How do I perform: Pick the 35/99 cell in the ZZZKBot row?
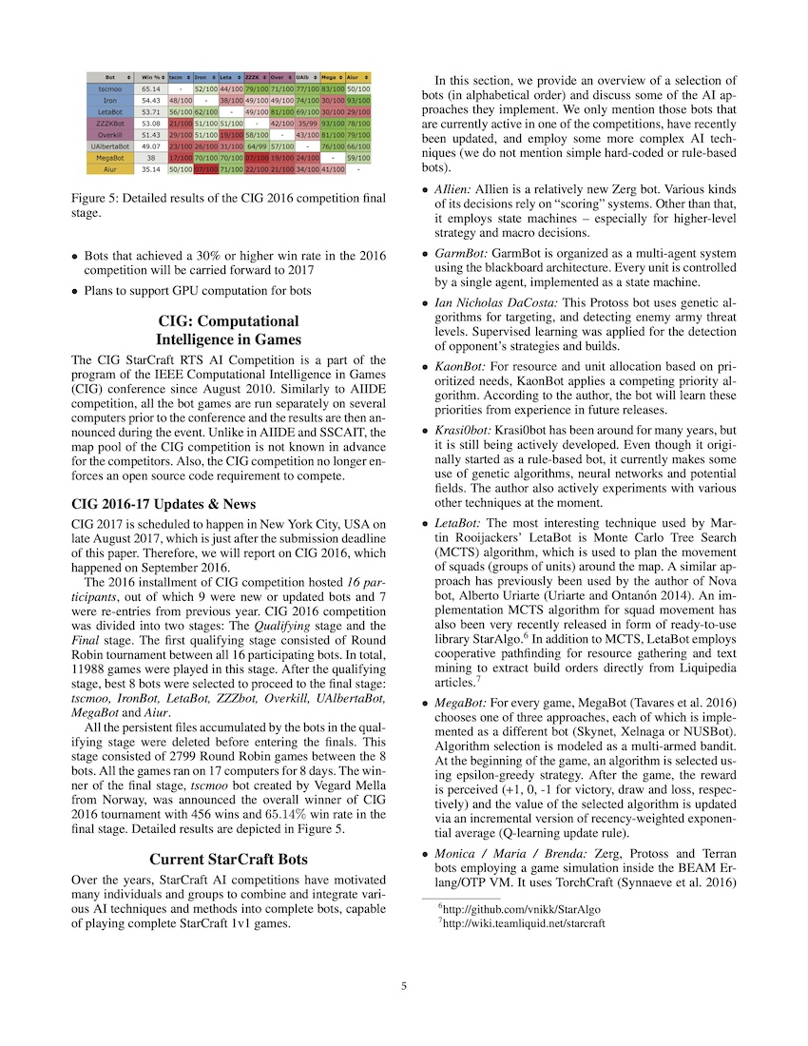pyautogui.click(x=307, y=123)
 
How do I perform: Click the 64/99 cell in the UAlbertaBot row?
pyautogui.click(x=257, y=146)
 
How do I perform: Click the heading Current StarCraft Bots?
pyautogui.click(x=228, y=859)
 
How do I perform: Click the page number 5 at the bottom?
pyautogui.click(x=404, y=986)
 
